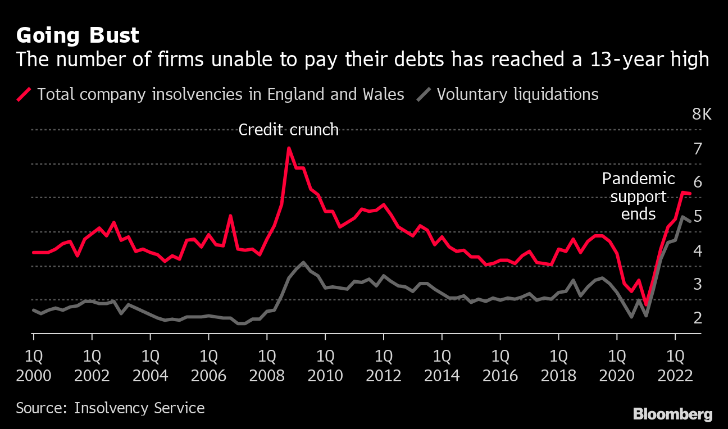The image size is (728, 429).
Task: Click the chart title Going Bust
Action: (78, 35)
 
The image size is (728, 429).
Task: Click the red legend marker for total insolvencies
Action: (25, 94)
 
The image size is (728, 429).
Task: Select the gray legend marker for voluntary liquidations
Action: (425, 94)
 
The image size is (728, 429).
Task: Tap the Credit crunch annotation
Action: (288, 130)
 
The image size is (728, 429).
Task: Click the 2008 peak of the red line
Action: (289, 148)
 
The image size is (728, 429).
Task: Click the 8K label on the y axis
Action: (702, 115)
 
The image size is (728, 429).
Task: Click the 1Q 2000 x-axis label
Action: (34, 365)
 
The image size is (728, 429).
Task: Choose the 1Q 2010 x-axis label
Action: (325, 365)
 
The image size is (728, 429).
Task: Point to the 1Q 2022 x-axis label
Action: (675, 365)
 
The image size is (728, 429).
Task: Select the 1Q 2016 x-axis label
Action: (500, 365)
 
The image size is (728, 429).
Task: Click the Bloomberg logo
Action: (672, 414)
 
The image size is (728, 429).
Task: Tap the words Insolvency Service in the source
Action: (139, 408)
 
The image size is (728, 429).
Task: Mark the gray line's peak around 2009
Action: (303, 262)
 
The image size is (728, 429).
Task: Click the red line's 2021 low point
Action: (646, 305)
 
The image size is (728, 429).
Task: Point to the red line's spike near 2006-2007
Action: (230, 216)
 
